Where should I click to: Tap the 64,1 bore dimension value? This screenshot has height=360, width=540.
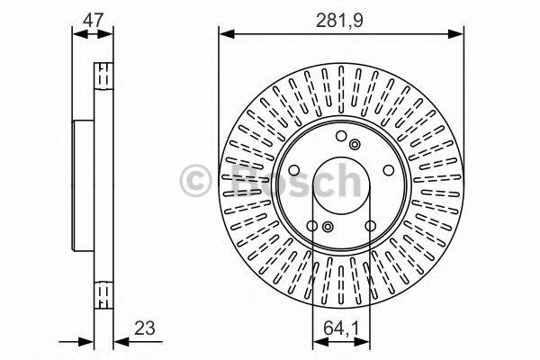[341, 329]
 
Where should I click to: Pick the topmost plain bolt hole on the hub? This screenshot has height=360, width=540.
[341, 137]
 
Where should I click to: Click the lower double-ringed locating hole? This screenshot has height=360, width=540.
[328, 226]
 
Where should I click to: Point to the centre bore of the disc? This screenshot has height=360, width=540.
[341, 184]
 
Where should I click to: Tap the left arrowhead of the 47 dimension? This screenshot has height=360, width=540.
[76, 34]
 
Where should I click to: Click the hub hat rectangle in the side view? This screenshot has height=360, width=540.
[84, 184]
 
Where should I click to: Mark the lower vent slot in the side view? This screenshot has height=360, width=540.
[103, 294]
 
